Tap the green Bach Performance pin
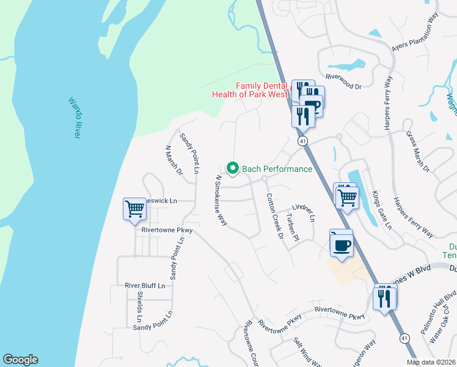pyautogui.click(x=232, y=167)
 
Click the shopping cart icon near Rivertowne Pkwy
pyautogui.click(x=134, y=209)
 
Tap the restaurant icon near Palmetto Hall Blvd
pyautogui.click(x=386, y=298)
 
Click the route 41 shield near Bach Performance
pyautogui.click(x=303, y=141)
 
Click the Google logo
pyautogui.click(x=20, y=360)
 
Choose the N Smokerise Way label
pyautogui.click(x=220, y=201)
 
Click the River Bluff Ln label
pyautogui.click(x=145, y=286)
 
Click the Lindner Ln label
pyautogui.click(x=304, y=213)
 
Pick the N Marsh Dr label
pyautogui.click(x=174, y=160)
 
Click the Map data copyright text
pyautogui.click(x=431, y=362)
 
